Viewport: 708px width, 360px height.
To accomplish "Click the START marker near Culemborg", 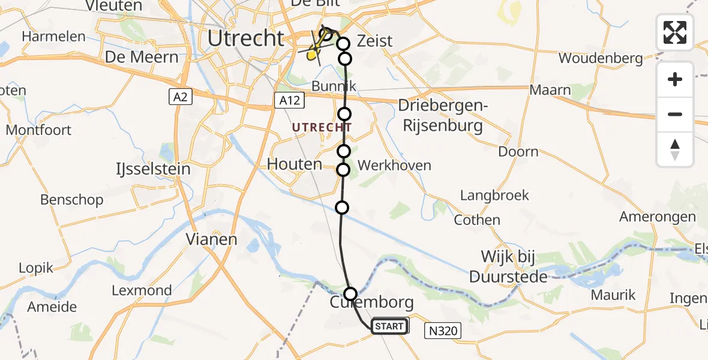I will (x=390, y=326).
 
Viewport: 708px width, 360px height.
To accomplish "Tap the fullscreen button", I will (x=675, y=32).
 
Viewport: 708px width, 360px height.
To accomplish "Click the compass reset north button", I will (x=675, y=149).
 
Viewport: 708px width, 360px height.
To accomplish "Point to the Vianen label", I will (x=211, y=239).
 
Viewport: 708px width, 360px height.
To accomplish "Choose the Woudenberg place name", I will (x=601, y=58).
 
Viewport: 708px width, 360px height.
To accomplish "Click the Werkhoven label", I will (x=394, y=165).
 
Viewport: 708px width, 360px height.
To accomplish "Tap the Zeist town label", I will (x=374, y=41).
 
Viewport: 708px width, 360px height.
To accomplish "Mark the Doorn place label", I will (x=518, y=151).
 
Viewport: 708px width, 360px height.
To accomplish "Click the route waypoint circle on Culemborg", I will (x=350, y=294).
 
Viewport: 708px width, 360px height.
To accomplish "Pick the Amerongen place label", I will (x=658, y=217).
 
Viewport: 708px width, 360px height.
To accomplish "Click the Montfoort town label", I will (x=38, y=130).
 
